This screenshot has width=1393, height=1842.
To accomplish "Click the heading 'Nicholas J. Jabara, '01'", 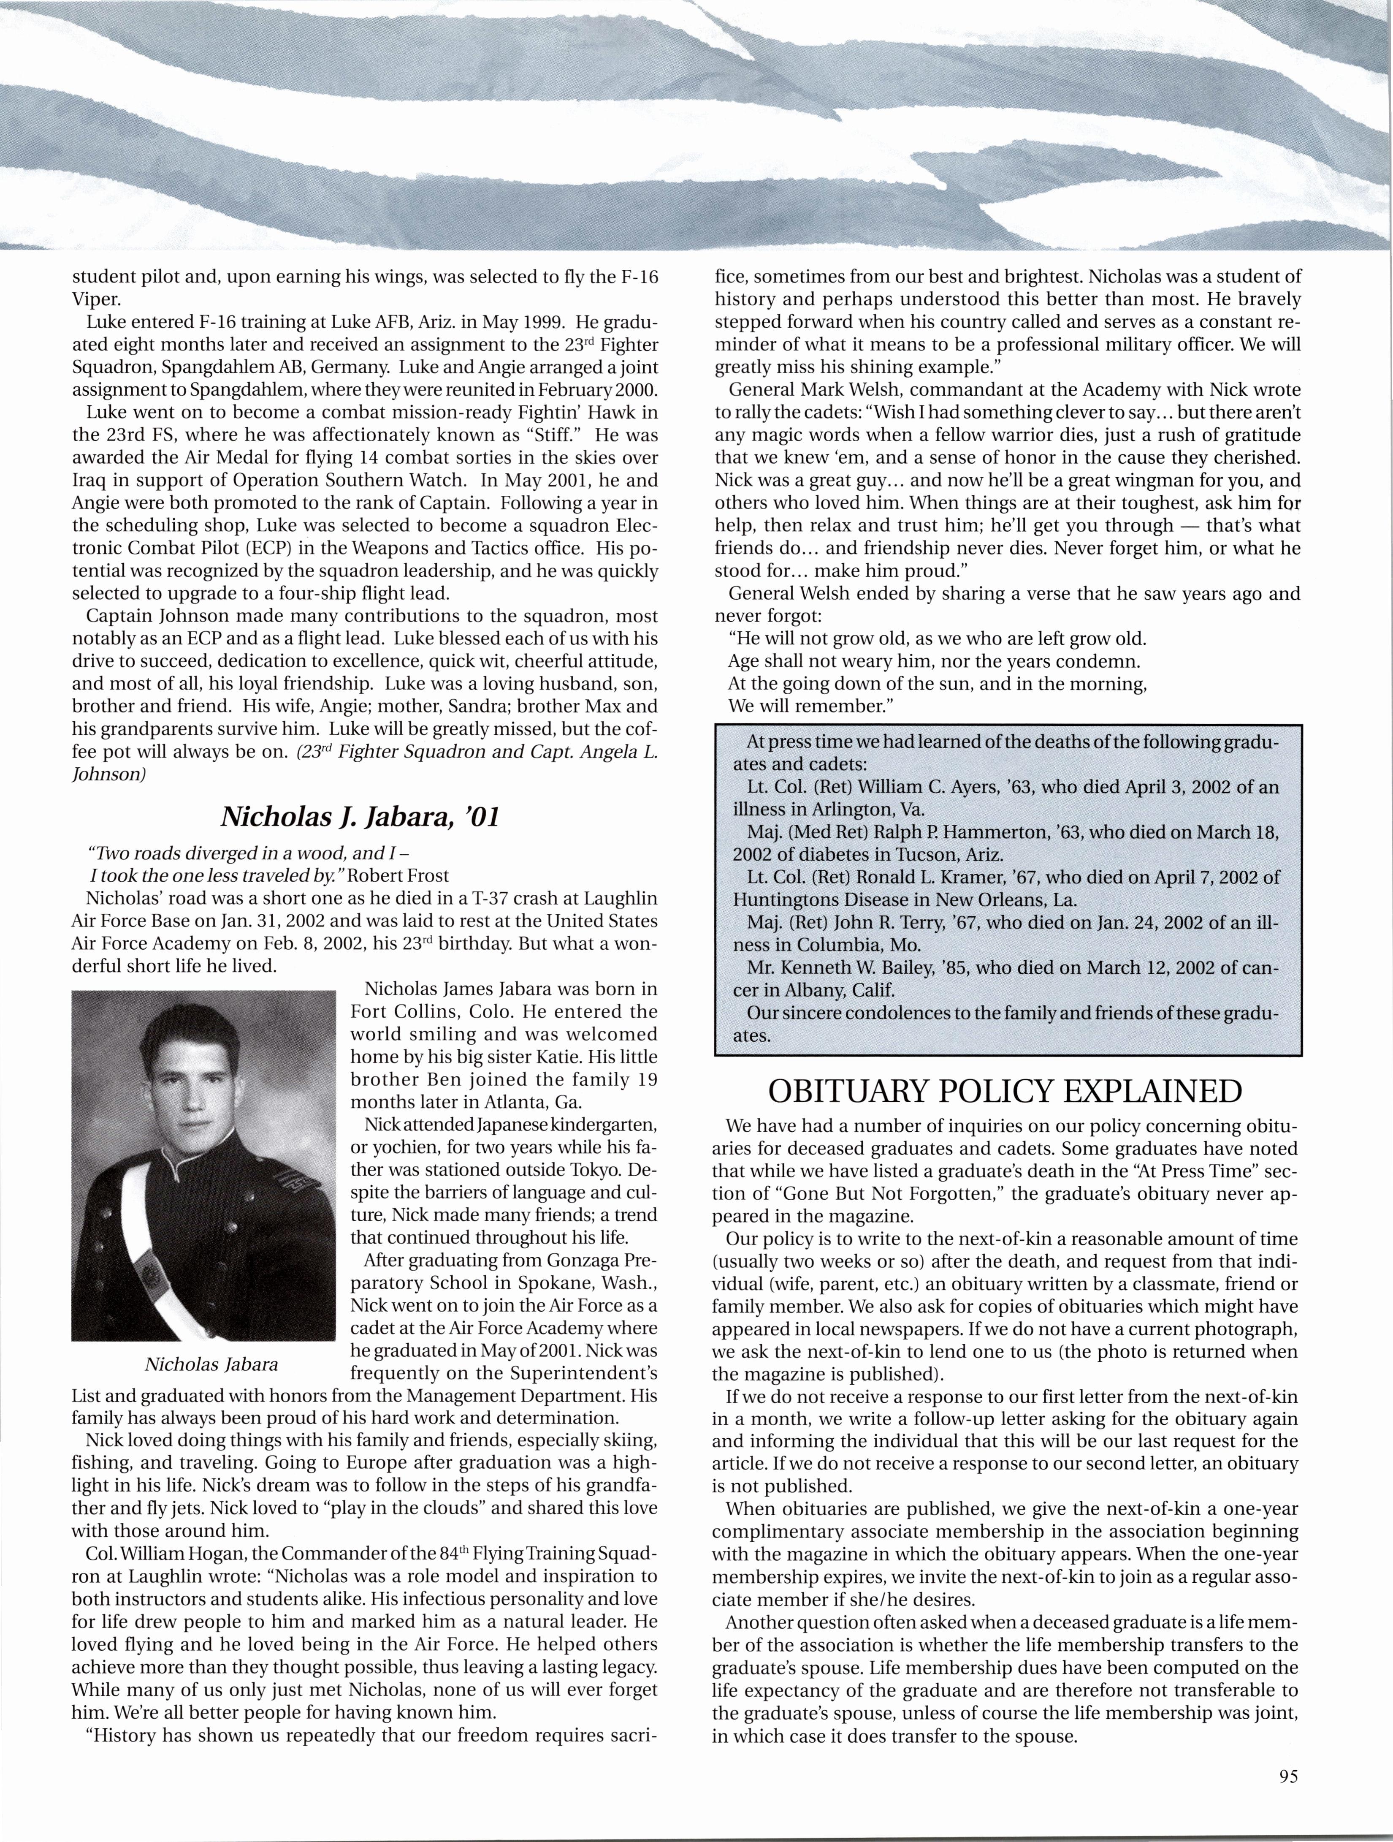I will pyautogui.click(x=360, y=817).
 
